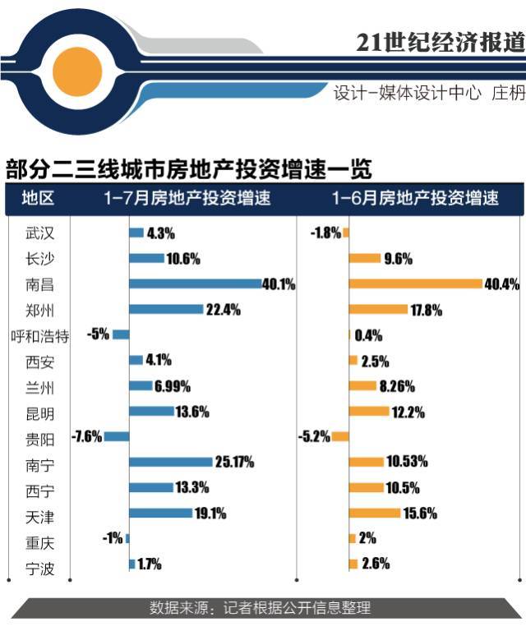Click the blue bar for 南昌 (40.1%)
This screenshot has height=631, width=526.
(x=196, y=283)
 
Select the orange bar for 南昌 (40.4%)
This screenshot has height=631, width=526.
(x=415, y=283)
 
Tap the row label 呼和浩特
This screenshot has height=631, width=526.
(x=39, y=335)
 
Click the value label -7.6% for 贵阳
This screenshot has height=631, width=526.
(x=86, y=436)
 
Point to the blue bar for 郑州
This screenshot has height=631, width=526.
(x=166, y=309)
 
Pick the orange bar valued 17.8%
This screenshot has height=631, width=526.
(x=378, y=309)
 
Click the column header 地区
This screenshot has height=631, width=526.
(x=38, y=199)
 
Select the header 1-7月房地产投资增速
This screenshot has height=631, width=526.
(x=187, y=199)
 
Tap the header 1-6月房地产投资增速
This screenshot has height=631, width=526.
(x=415, y=199)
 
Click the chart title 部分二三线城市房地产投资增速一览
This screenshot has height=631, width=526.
(x=189, y=169)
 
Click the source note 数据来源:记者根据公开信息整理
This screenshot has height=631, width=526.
(x=260, y=608)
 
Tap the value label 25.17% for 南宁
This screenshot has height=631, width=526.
(x=234, y=462)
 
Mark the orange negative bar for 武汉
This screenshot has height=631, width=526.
(x=346, y=233)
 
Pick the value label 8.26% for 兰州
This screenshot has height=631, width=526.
(x=396, y=385)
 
